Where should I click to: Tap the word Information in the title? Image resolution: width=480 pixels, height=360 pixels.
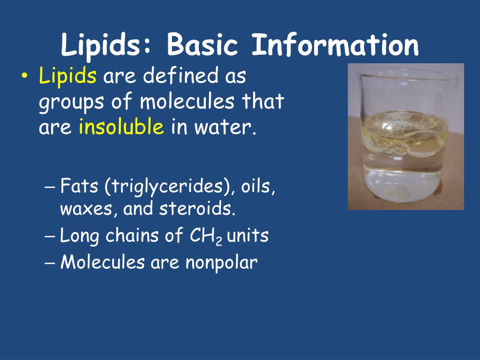(335, 46)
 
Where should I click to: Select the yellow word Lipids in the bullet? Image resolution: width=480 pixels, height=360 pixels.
(68, 76)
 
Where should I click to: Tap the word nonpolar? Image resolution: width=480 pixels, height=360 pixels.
(221, 262)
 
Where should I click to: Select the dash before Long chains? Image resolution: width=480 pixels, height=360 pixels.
(52, 236)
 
